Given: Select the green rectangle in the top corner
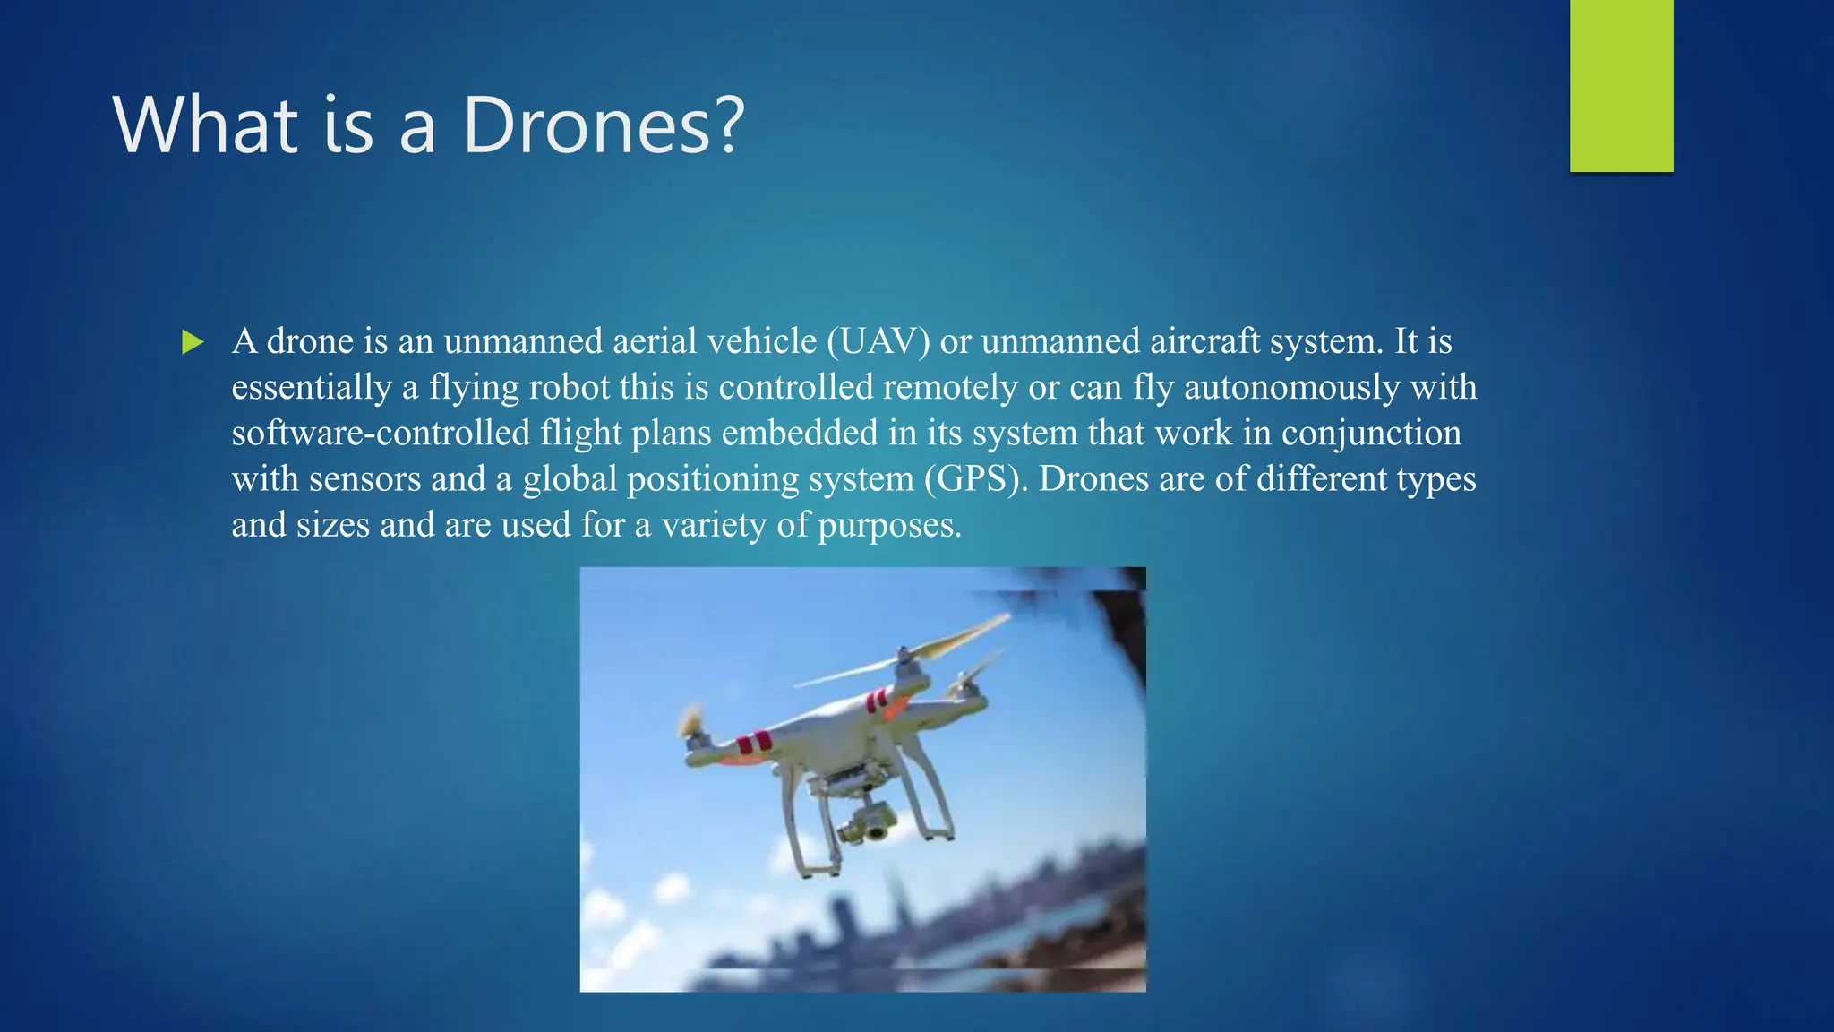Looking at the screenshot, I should point(1621,85).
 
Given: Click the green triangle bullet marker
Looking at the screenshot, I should point(193,342).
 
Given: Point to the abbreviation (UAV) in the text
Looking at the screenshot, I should point(878,341).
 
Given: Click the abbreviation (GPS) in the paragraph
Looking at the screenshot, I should point(976,478).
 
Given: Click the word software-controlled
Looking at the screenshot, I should point(381,433).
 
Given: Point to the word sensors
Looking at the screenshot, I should point(364,478).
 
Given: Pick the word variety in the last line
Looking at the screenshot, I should point(714,525).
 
